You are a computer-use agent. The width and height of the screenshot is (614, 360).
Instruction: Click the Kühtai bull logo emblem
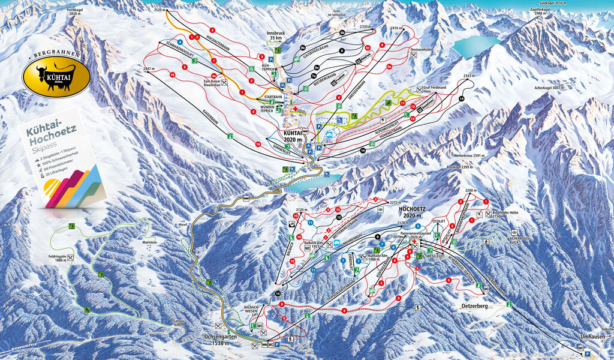[x=56, y=76]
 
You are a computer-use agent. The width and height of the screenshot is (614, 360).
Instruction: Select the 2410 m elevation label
[x=396, y=28]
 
